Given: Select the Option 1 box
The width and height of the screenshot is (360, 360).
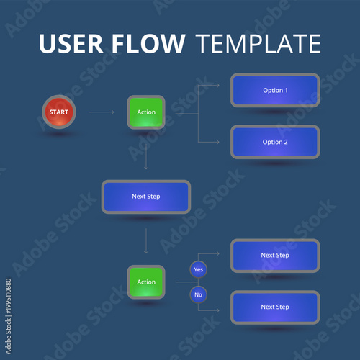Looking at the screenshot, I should click(275, 90).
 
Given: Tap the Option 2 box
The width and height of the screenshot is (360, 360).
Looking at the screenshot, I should click(275, 142).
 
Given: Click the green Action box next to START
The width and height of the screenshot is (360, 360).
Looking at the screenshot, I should click(146, 112).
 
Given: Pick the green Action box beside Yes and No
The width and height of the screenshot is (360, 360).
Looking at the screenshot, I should click(146, 282).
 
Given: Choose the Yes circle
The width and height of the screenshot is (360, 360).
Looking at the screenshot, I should click(199, 269).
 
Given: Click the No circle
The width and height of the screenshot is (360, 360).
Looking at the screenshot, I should click(199, 294).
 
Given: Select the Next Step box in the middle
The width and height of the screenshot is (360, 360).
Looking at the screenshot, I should click(146, 197).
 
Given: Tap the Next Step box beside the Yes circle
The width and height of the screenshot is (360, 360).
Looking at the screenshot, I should click(275, 256).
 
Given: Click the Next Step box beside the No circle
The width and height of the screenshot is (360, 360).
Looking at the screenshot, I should click(275, 307).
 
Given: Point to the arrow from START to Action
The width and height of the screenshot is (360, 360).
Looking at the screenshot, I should click(101, 112).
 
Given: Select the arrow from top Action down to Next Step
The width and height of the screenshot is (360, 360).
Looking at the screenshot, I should click(146, 154).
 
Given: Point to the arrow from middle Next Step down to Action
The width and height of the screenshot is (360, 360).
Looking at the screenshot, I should click(146, 240).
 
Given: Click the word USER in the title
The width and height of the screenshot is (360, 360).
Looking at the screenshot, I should click(72, 45).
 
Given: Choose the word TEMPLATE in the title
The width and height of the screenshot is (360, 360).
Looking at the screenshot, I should click(258, 45).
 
